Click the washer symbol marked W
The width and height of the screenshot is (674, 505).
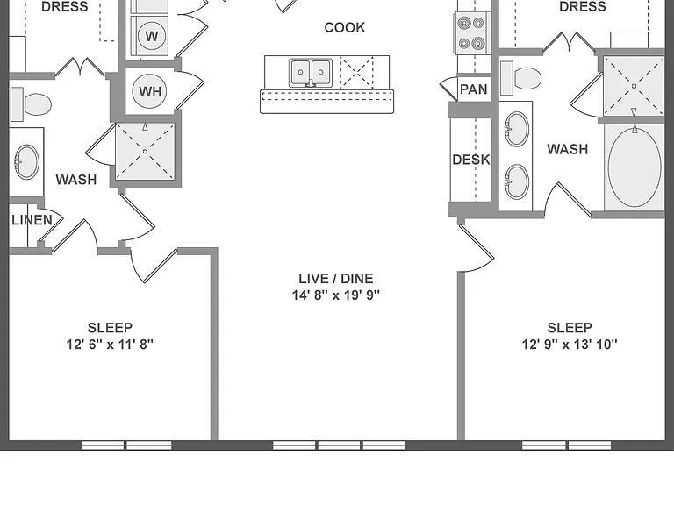152,36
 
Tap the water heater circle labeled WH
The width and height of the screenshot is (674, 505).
149,91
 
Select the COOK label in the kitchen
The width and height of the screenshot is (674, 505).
345,27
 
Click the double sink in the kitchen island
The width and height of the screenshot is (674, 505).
311,73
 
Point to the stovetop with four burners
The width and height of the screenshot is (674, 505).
471,33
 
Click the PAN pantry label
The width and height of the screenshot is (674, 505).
474,89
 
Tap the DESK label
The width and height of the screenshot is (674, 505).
471,160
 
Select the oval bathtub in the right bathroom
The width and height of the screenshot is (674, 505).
635,168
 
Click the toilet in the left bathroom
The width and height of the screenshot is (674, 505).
31,104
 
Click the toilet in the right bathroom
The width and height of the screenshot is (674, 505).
520,78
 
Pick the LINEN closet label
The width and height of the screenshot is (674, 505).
32,220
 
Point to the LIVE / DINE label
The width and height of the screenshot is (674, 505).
336,278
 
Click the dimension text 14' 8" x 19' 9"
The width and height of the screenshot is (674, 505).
336,295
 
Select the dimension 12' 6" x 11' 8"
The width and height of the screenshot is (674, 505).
110,345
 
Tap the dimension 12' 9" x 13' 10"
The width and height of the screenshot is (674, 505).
570,345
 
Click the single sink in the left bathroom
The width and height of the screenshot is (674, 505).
26,162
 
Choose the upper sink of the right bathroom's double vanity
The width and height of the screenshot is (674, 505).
516,129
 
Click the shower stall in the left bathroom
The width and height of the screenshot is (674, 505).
146,152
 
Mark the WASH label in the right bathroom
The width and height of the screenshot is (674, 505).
568,149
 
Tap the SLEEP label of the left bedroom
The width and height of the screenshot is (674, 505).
110,328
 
